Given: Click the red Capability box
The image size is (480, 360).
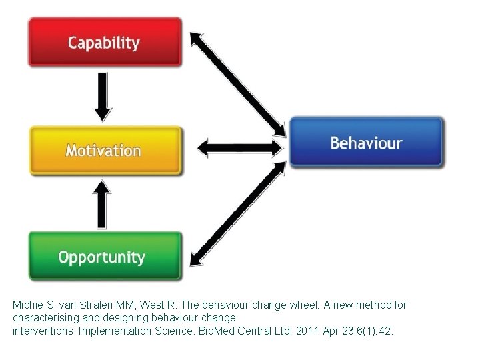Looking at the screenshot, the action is point(104,42).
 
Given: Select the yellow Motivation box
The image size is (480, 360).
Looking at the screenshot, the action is point(104,150).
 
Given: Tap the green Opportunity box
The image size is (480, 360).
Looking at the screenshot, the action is point(104,257).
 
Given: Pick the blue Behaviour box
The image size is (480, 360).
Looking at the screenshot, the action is point(366,142).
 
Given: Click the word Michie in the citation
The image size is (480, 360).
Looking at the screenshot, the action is point(27,305).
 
